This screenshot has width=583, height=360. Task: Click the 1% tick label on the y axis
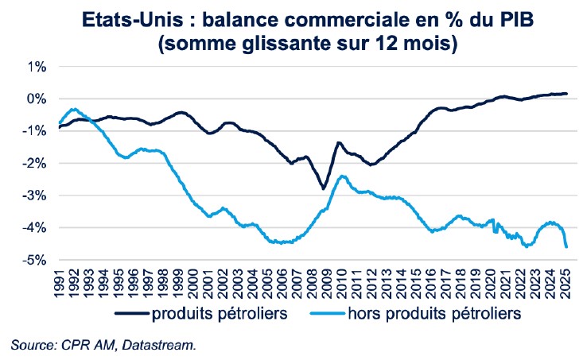tap(37, 66)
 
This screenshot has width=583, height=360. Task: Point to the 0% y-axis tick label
tap(37, 99)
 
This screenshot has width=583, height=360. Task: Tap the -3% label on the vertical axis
tap(34, 195)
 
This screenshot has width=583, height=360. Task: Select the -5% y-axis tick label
tap(34, 260)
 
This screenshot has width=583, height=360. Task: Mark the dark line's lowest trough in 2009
tap(323, 188)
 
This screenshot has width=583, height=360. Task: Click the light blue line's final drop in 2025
tap(566, 246)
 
